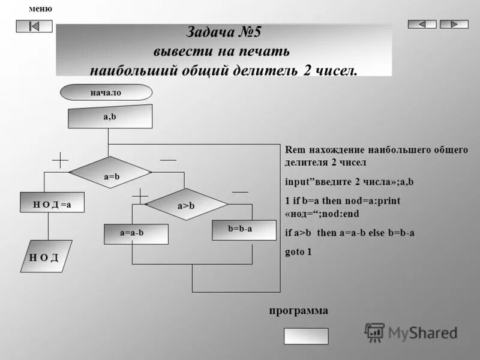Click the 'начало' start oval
pyautogui.click(x=106, y=92)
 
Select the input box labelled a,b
pyautogui.click(x=110, y=116)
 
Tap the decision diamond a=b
pyautogui.click(x=110, y=173)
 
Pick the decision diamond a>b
pyautogui.click(x=186, y=205)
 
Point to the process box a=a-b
pyautogui.click(x=136, y=233)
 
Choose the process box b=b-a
pyautogui.click(x=240, y=229)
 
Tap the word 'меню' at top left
pyautogui.click(x=40, y=9)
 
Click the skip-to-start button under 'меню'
pyautogui.click(x=34, y=26)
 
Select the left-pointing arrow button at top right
pyautogui.click(x=422, y=24)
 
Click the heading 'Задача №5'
pyautogui.click(x=224, y=32)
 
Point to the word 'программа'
pyautogui.click(x=298, y=311)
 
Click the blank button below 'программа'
pyautogui.click(x=306, y=335)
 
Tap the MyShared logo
pyautogui.click(x=412, y=332)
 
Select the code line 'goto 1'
pyautogui.click(x=298, y=252)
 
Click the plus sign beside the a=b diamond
pyautogui.click(x=61, y=161)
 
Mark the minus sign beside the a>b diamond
pyautogui.click(x=240, y=191)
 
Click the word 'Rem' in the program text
pyautogui.click(x=294, y=150)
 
